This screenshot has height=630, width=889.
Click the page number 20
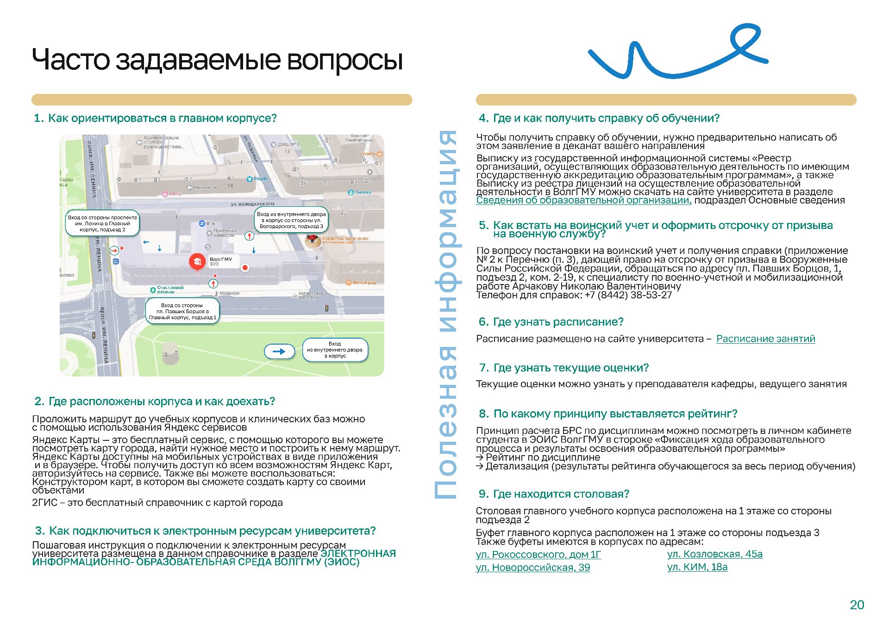(857, 605)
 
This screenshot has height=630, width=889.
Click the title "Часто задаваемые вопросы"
(217, 60)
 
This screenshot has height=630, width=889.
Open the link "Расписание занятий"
(765, 339)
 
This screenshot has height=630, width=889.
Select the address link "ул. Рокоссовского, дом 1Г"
(538, 554)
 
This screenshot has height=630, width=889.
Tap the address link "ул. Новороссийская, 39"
(532, 567)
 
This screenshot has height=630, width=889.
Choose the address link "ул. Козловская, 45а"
(714, 554)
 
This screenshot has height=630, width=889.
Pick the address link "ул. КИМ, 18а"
(697, 567)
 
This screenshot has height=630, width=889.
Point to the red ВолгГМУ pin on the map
(197, 262)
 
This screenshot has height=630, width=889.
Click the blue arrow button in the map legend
(279, 352)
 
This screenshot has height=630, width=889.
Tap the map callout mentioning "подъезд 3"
(291, 220)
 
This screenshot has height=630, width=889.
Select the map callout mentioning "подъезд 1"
(182, 311)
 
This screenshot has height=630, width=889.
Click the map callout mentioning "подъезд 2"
(102, 223)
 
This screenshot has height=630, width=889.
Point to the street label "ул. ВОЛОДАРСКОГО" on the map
(252, 204)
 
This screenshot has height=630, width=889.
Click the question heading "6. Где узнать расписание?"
(551, 321)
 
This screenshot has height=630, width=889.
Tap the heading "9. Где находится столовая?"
(554, 494)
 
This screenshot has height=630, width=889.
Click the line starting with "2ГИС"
(157, 502)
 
